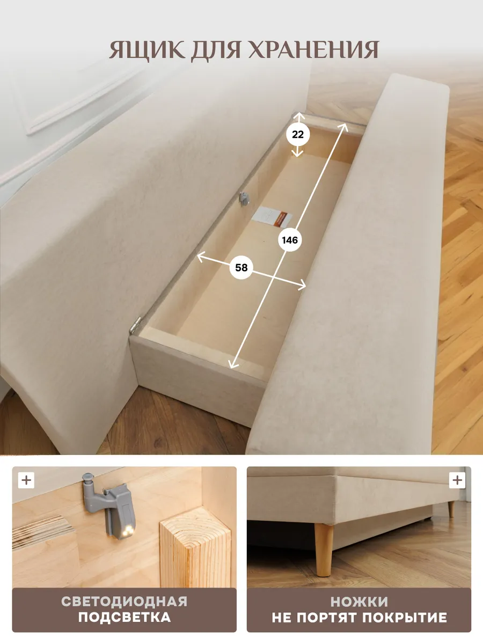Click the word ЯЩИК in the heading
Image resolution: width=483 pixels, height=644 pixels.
[x=147, y=50]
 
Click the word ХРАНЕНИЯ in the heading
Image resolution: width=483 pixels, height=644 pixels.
[x=313, y=49]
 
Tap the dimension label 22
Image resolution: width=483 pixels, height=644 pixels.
[x=298, y=135]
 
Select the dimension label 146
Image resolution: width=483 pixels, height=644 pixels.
[x=290, y=240]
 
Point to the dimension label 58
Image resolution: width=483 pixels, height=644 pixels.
[x=241, y=268]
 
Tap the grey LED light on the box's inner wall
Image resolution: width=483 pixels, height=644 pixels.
[x=244, y=199]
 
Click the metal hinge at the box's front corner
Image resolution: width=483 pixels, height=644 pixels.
[x=135, y=325]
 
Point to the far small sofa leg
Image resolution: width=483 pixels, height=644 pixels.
[x=451, y=509]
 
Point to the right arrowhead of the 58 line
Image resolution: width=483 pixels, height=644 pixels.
[x=302, y=284]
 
